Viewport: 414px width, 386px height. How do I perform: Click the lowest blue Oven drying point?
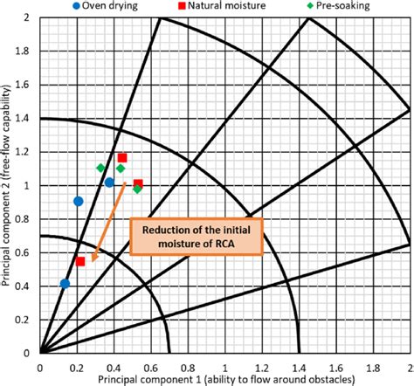pyautogui.click(x=65, y=283)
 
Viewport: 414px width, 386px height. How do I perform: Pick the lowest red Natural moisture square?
pyautogui.click(x=80, y=261)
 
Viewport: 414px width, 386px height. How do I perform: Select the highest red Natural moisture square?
pyautogui.click(x=122, y=158)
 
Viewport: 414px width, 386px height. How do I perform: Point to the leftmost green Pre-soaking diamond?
pyautogui.click(x=100, y=168)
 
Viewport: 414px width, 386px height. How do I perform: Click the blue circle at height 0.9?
pyautogui.click(x=78, y=201)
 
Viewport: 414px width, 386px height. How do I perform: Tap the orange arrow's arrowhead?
pyautogui.click(x=93, y=258)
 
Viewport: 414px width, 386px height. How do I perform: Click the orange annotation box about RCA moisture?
pyautogui.click(x=195, y=236)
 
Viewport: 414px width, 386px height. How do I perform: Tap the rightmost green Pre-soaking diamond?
pyautogui.click(x=137, y=189)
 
